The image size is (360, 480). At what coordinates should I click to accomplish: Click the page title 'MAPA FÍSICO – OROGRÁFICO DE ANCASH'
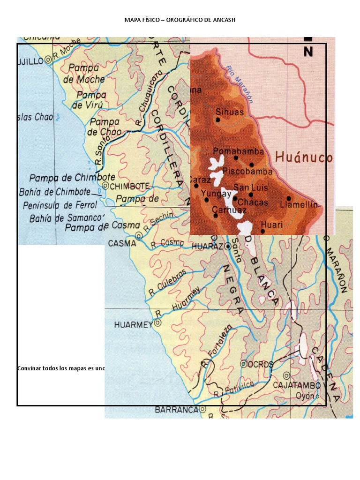[180, 20]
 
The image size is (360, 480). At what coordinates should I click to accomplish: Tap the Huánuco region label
[304, 157]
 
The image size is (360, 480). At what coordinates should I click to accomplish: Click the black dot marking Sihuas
[218, 120]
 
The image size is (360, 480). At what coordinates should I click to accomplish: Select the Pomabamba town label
[238, 151]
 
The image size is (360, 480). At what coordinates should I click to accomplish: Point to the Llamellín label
[299, 205]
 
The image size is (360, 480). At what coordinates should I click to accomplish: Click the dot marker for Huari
[262, 231]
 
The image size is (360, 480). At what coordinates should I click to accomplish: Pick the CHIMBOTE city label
[128, 186]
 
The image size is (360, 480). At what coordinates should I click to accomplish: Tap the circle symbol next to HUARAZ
[228, 246]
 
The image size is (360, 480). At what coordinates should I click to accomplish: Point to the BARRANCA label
[176, 409]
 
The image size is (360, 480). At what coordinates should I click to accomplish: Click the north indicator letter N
[308, 52]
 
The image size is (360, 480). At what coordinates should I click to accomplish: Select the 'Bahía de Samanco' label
[66, 218]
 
